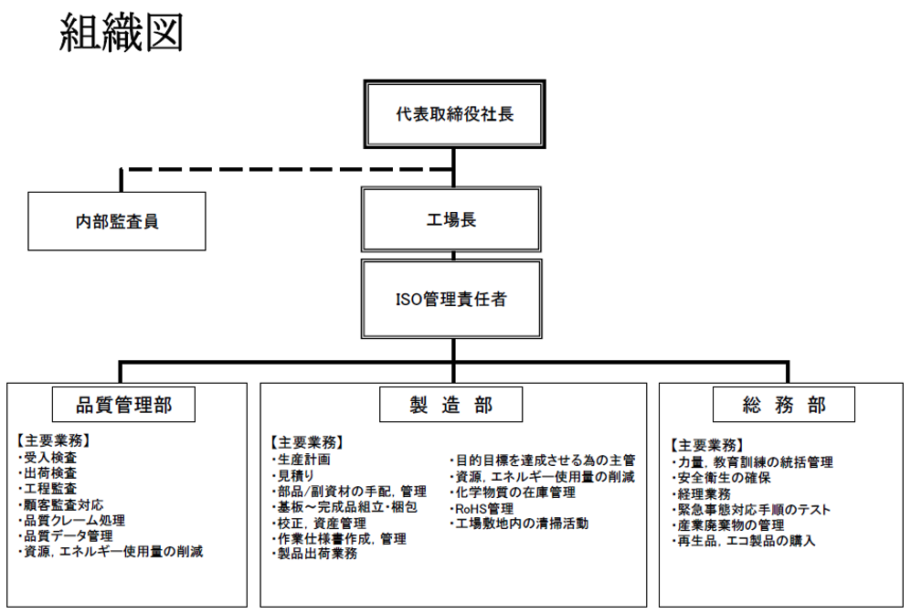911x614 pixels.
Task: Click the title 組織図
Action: tap(122, 33)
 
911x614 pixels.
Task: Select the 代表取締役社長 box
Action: tap(454, 114)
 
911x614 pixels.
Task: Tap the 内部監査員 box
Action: tap(117, 221)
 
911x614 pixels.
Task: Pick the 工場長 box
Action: tap(451, 219)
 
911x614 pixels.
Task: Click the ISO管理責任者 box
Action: tap(451, 299)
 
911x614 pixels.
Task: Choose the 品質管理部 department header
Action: tap(123, 404)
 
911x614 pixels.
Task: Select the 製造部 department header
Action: tap(450, 404)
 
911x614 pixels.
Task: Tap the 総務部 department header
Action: tap(784, 404)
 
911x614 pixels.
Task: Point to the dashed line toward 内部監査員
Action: tap(287, 170)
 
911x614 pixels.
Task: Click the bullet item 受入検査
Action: tap(48, 457)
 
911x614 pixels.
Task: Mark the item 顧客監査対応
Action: tap(60, 504)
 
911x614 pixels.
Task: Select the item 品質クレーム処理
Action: tap(71, 520)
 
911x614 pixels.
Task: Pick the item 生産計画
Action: tap(301, 459)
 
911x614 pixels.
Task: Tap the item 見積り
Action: tap(292, 475)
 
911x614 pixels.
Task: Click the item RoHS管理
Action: tap(482, 509)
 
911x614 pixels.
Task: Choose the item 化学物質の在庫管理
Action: tap(513, 492)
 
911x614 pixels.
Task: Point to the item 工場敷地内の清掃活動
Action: tap(519, 524)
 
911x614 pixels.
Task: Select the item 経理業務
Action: tap(701, 493)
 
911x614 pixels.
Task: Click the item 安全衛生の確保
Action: tap(721, 478)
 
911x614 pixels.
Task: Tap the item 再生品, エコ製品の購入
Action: tap(744, 541)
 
